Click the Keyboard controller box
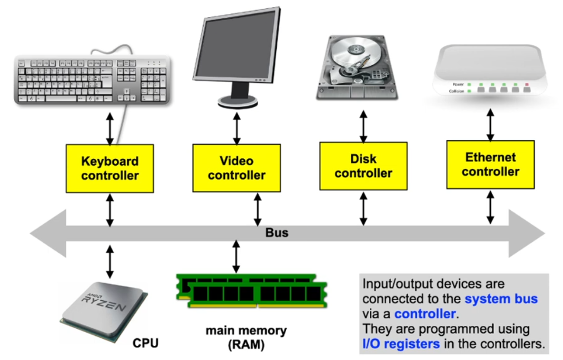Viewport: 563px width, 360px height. (110, 168)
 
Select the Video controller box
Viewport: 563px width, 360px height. (237, 168)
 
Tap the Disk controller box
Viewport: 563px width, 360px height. (363, 166)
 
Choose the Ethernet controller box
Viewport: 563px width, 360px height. (490, 164)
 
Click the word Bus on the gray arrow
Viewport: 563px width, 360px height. (277, 233)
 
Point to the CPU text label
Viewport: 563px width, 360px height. (145, 344)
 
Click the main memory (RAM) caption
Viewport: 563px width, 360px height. (246, 338)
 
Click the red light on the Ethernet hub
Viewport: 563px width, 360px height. (526, 84)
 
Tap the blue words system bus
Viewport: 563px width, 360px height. (501, 299)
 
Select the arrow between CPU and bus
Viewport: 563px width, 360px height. (110, 261)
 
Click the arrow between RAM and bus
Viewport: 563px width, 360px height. (236, 257)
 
